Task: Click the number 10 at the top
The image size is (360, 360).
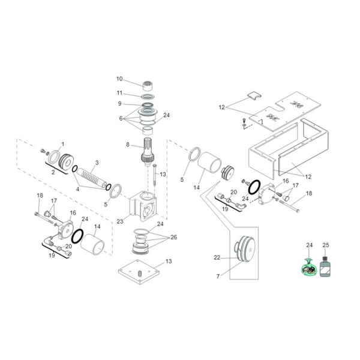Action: click(119, 79)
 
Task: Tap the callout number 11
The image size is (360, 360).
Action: click(119, 93)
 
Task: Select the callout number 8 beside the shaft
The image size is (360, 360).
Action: click(127, 145)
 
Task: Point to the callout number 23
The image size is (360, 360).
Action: click(119, 221)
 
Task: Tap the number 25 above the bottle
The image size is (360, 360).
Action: click(326, 245)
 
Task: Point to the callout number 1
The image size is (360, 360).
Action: click(63, 144)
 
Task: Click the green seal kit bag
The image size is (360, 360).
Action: click(308, 268)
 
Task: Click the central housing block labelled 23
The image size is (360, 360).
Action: click(144, 207)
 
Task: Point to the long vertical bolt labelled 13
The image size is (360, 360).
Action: click(154, 175)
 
